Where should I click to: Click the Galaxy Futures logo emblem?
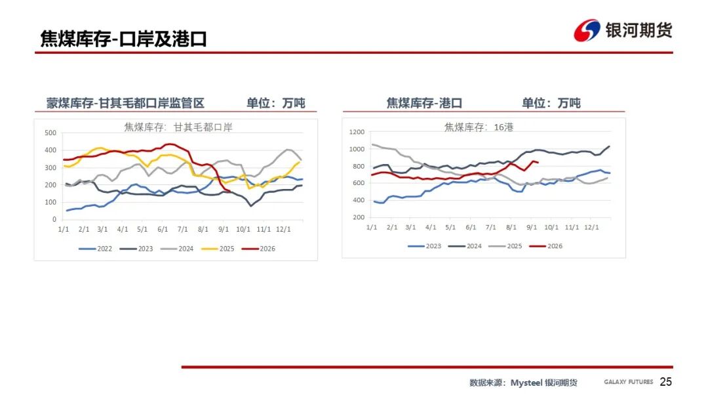[587, 30]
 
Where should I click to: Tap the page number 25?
[665, 382]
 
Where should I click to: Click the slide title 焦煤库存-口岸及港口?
[123, 39]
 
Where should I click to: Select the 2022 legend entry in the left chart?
[95, 249]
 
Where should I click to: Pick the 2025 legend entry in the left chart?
[218, 249]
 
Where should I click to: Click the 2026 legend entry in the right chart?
[546, 246]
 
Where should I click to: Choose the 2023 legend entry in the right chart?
[424, 246]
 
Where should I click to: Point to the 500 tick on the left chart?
[50, 133]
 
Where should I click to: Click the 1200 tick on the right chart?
[357, 132]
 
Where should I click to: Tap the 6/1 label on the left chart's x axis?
[163, 230]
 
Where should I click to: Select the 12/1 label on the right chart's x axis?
[591, 227]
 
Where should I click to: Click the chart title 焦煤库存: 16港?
[479, 127]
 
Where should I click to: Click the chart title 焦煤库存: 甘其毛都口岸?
[178, 127]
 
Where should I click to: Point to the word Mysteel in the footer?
[526, 383]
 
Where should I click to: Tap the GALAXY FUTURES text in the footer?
[629, 382]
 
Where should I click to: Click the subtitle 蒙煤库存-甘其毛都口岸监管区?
[125, 103]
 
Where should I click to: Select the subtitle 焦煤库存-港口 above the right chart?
[424, 103]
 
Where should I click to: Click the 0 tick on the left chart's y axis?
[54, 220]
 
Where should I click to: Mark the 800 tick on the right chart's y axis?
[359, 166]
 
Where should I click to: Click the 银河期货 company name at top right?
[639, 30]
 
